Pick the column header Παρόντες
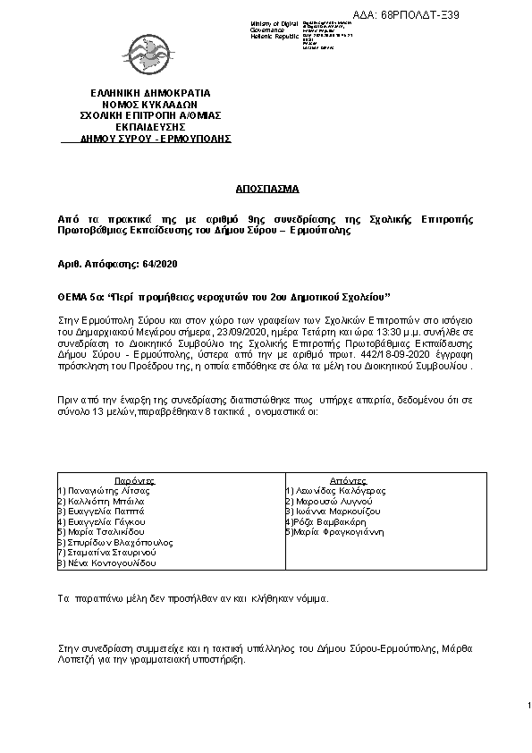[x=135, y=480]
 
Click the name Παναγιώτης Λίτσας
[x=105, y=491]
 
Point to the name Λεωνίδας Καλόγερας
[x=341, y=491]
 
